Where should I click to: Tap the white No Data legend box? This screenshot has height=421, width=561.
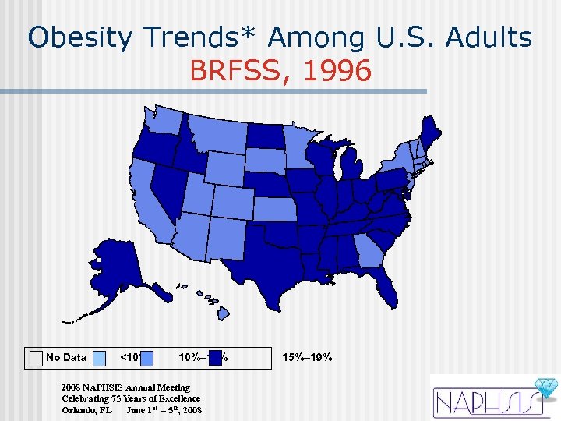tap(36, 358)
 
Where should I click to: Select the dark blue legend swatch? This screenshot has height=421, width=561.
tap(214, 358)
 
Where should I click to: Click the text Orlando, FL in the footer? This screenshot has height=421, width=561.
tap(86, 409)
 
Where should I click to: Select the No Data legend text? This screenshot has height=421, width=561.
tap(66, 358)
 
